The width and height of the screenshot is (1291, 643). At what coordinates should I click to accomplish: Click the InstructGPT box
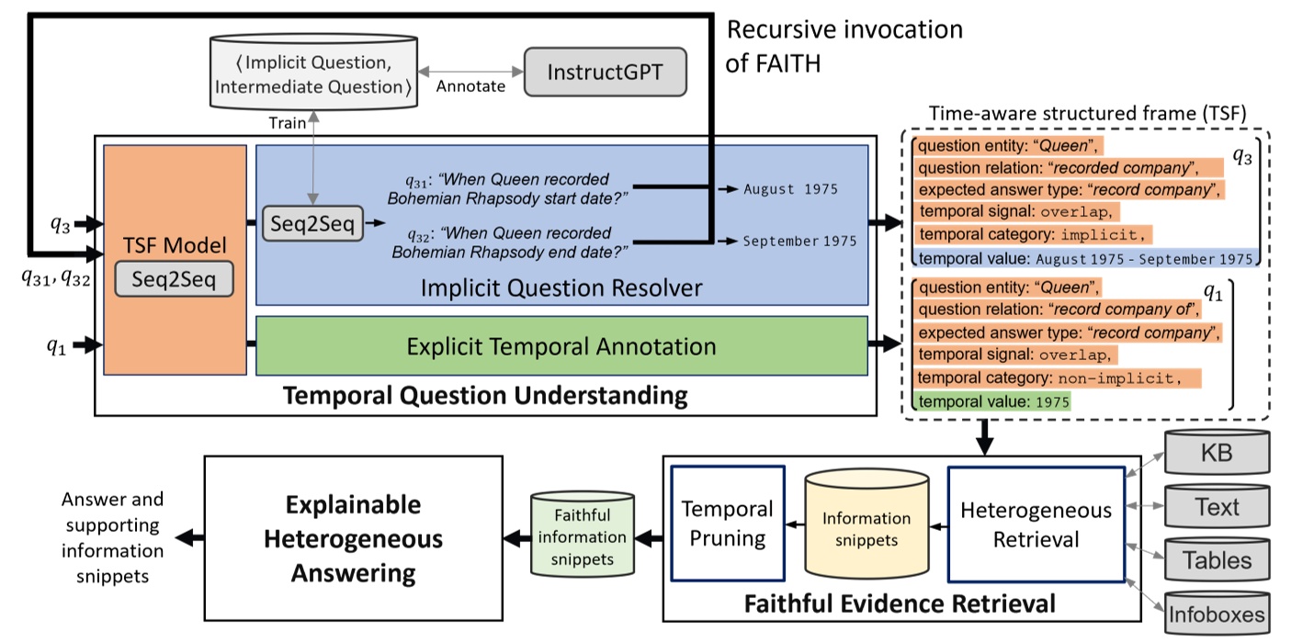(606, 72)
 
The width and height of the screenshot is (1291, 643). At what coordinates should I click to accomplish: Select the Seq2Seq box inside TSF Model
(174, 279)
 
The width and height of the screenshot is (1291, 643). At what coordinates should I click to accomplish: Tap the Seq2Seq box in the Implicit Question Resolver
(312, 223)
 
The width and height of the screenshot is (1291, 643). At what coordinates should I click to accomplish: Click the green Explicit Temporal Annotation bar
(562, 345)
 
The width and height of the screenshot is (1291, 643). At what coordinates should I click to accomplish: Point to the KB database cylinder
(1217, 452)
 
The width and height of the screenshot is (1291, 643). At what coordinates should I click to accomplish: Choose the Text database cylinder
(1217, 506)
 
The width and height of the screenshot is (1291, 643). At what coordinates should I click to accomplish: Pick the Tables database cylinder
(1217, 559)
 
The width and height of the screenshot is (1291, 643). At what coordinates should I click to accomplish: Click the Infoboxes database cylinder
(1217, 614)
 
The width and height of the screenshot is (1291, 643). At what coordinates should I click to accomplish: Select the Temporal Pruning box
(728, 524)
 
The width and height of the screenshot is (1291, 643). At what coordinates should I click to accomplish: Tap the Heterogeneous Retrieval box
(1036, 525)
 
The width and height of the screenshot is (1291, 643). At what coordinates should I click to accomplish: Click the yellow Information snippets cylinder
(866, 524)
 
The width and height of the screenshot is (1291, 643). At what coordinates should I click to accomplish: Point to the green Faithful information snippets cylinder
(583, 534)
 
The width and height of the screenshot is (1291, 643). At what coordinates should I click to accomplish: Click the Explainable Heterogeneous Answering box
(353, 538)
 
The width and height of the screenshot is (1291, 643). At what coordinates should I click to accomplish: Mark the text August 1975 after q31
(791, 189)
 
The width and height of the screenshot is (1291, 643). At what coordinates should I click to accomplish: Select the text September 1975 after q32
(800, 241)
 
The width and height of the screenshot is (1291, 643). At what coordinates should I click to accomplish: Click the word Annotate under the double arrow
(470, 86)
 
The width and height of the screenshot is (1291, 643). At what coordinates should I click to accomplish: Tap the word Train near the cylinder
(287, 123)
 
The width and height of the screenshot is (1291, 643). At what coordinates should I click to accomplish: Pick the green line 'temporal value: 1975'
(991, 401)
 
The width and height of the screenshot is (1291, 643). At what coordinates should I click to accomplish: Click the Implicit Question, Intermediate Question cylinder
(313, 72)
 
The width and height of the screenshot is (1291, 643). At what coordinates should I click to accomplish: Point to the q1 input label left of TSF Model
(56, 346)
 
